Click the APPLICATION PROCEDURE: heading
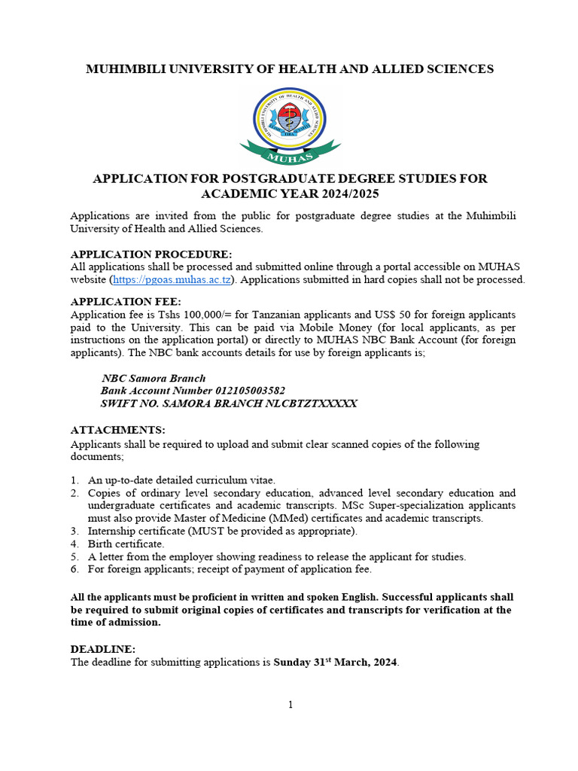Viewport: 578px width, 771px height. (x=151, y=254)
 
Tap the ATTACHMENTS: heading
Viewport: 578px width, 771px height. (x=117, y=430)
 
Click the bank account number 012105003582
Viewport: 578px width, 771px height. (x=245, y=391)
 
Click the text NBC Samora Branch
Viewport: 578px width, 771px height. (x=154, y=378)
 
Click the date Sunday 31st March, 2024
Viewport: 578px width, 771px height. (x=336, y=663)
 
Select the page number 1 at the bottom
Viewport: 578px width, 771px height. (x=290, y=705)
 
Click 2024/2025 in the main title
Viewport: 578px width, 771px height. (x=341, y=194)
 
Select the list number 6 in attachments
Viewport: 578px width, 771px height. (x=75, y=569)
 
